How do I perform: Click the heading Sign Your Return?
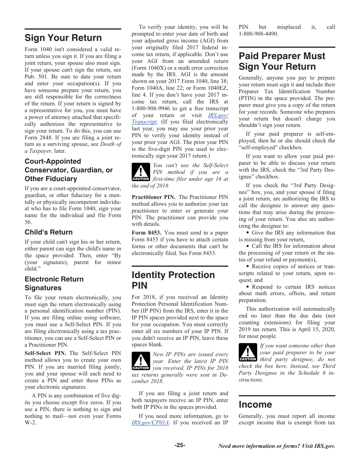tap(63, 38)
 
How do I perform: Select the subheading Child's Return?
tap(49, 232)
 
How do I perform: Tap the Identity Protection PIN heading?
tap(173, 280)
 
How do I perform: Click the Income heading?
tap(255, 404)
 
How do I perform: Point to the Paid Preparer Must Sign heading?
tap(282, 61)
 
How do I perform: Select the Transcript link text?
tap(144, 122)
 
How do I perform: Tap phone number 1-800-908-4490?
tap(258, 34)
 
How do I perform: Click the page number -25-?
tap(180, 445)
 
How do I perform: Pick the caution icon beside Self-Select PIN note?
tap(141, 172)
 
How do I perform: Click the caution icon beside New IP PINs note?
tap(141, 361)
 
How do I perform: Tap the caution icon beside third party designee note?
tap(248, 352)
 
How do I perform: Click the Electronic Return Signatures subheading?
tap(54, 283)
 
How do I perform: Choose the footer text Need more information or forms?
tap(276, 446)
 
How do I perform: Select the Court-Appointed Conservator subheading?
tap(68, 170)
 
